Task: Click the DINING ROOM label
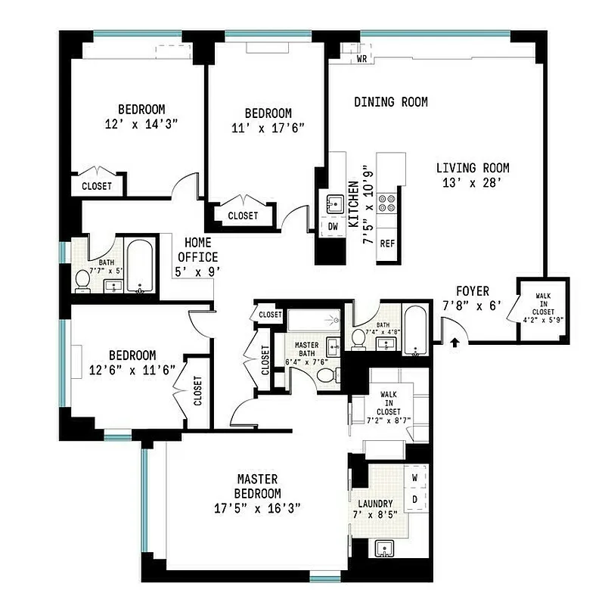(391, 102)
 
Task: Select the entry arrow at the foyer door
(455, 342)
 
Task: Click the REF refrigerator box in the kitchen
(388, 244)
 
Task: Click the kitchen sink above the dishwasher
(334, 203)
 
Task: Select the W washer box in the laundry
(414, 479)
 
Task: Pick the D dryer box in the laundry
(414, 500)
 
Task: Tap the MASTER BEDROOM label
(257, 493)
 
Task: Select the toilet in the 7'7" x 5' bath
(82, 281)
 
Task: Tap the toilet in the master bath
(323, 375)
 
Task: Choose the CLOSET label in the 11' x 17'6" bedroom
(242, 216)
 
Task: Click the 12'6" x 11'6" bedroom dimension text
(132, 370)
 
